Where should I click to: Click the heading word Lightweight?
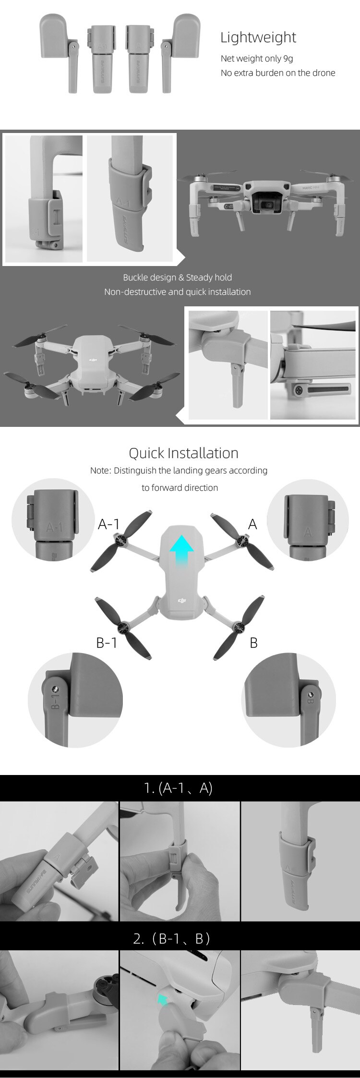point(258,37)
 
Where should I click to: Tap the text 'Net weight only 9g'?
point(256,59)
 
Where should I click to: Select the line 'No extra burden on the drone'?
point(277,73)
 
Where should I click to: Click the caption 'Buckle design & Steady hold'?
point(177,278)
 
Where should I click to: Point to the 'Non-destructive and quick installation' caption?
point(177,292)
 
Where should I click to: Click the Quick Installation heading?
point(183,453)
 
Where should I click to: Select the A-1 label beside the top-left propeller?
point(108,524)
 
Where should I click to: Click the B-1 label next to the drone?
point(107,642)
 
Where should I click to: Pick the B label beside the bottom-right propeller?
point(253,642)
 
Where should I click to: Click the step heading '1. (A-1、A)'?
point(178,788)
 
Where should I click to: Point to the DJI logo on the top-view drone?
point(181,600)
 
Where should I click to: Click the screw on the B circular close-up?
point(311,695)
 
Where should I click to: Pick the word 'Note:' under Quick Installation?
point(100,471)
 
